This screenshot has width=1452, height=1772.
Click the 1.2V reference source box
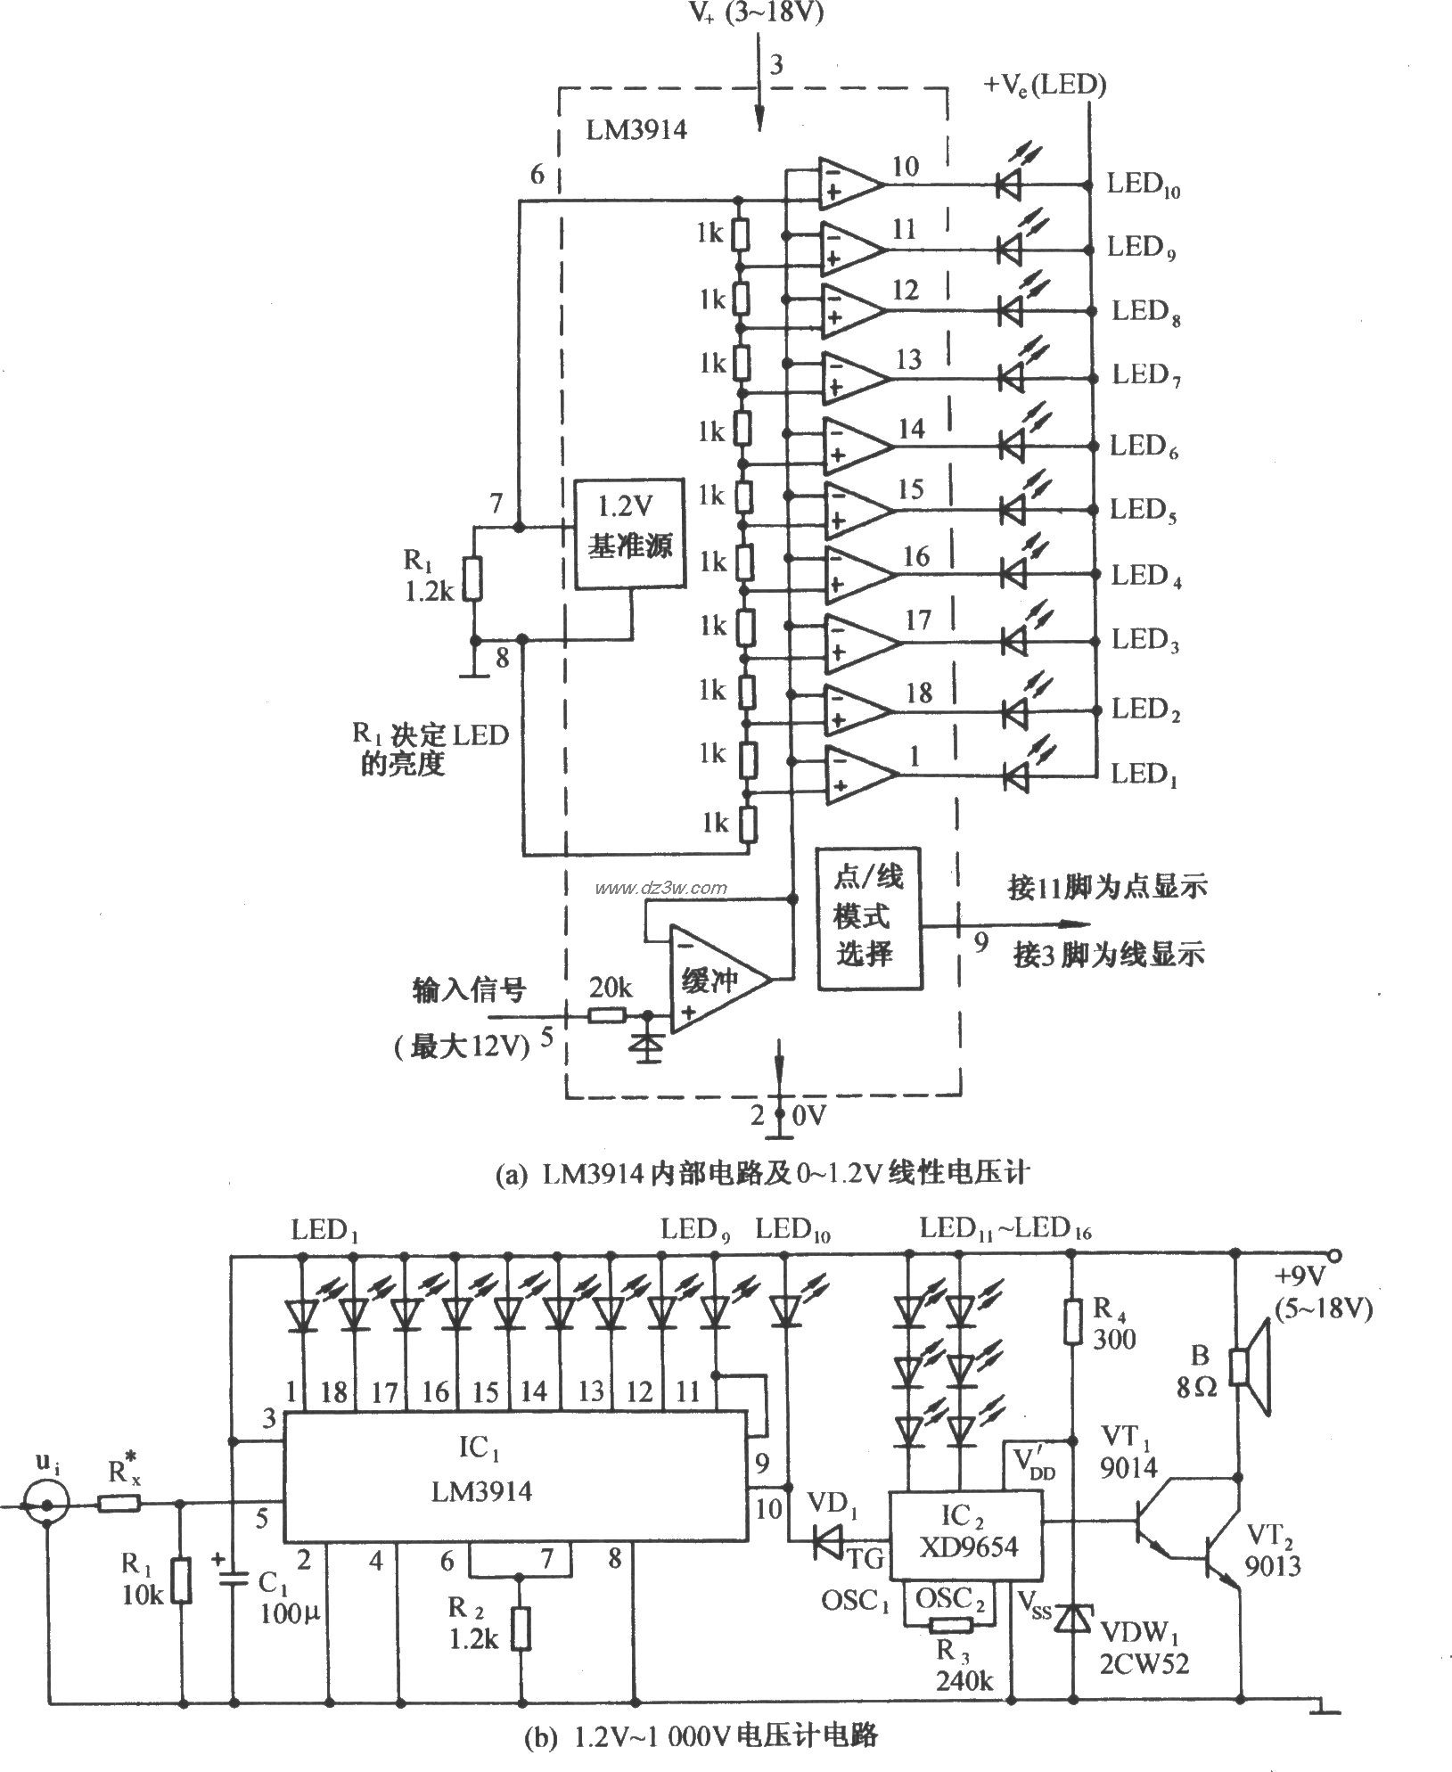[x=630, y=534]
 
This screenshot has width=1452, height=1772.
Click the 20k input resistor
[x=607, y=1014]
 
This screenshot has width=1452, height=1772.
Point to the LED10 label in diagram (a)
[x=1143, y=187]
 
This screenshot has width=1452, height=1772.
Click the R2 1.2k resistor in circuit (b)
[x=520, y=1628]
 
